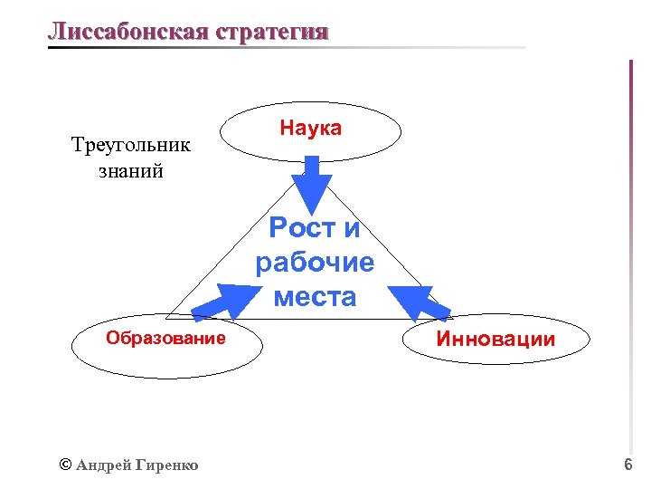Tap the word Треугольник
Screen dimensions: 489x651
[x=131, y=145]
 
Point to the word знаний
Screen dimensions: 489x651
[x=131, y=170]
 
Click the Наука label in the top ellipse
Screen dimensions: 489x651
[x=310, y=129]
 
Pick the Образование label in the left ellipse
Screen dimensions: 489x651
[x=165, y=339]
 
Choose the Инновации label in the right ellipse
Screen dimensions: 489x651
[x=496, y=340]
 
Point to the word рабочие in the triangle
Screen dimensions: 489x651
[x=315, y=263]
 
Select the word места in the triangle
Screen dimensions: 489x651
[x=315, y=296]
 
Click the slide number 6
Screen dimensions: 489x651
[x=627, y=465]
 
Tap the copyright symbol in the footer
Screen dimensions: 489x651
[x=64, y=465]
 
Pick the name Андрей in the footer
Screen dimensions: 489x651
[x=103, y=465]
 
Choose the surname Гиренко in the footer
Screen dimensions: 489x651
[x=167, y=465]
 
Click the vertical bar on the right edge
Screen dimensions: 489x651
[x=630, y=254]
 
